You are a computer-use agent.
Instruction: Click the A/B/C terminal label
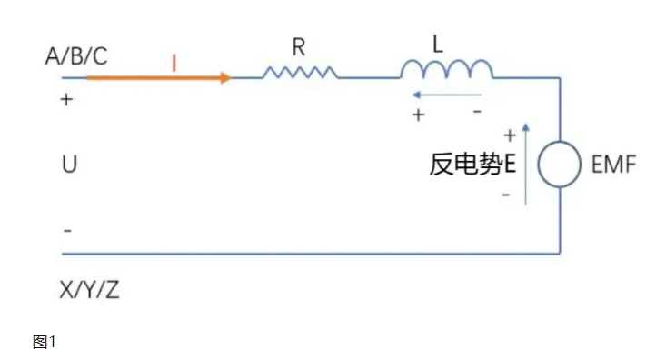[x=75, y=56]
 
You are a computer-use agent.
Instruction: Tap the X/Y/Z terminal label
[x=89, y=291]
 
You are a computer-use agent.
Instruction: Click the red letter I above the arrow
[x=173, y=62]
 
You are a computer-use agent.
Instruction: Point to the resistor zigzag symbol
[x=300, y=72]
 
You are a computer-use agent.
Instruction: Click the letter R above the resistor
[x=298, y=47]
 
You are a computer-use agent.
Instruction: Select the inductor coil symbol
[x=447, y=69]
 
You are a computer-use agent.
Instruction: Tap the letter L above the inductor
[x=438, y=45]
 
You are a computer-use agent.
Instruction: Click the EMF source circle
[x=559, y=166]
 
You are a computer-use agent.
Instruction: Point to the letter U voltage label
[x=69, y=165]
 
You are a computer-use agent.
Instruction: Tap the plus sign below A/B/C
[x=65, y=99]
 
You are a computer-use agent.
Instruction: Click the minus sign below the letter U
[x=66, y=230]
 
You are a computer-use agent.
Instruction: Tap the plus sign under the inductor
[x=418, y=115]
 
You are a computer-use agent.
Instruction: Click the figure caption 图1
[x=44, y=342]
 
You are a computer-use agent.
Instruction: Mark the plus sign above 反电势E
[x=509, y=135]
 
